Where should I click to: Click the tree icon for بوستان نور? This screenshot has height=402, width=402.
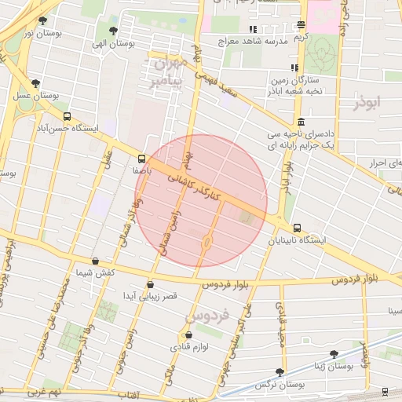click(x=42, y=21)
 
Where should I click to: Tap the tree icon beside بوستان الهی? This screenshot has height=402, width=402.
click(x=114, y=31)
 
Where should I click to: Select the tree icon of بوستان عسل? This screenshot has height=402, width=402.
click(x=35, y=83)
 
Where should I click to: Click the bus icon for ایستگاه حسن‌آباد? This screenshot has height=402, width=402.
click(x=67, y=116)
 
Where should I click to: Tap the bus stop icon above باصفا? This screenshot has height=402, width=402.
click(x=141, y=157)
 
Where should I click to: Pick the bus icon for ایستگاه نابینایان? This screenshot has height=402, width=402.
click(x=297, y=228)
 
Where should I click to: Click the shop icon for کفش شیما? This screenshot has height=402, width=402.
click(x=95, y=261)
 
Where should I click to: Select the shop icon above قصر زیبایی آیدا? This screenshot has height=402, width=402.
click(x=150, y=285)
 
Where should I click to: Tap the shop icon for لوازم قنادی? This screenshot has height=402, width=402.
click(x=187, y=336)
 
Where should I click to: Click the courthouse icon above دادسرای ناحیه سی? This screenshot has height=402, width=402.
click(x=301, y=122)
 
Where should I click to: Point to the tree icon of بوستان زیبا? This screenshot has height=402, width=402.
click(x=334, y=354)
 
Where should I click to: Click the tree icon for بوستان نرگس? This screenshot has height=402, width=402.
click(x=280, y=372)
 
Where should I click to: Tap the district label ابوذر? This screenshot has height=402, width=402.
click(x=367, y=103)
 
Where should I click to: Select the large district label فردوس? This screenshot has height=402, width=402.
click(x=207, y=316)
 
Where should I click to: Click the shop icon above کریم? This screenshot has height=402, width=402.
click(x=301, y=25)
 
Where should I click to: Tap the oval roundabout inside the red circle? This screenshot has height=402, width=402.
click(x=206, y=241)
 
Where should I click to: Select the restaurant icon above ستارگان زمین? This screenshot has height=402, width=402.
click(x=294, y=68)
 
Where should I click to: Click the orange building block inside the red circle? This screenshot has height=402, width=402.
click(x=247, y=216)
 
